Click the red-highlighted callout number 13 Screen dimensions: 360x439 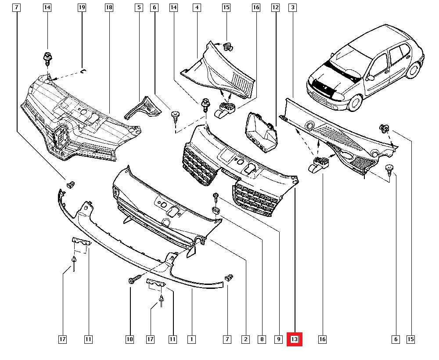[294, 339]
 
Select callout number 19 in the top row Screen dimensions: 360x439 [82, 7]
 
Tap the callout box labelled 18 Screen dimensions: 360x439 [109, 7]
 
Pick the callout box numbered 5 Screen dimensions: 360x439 [139, 7]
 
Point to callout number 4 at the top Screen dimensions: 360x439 [197, 7]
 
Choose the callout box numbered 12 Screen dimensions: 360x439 [275, 7]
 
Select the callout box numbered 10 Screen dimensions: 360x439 [130, 339]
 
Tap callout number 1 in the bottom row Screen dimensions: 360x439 [191, 339]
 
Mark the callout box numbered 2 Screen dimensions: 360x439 [245, 339]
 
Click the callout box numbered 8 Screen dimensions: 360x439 [262, 339]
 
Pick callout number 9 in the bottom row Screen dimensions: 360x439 [278, 339]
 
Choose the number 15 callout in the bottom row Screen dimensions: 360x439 [411, 339]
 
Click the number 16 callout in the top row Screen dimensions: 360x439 [256, 7]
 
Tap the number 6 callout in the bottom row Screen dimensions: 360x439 [396, 339]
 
